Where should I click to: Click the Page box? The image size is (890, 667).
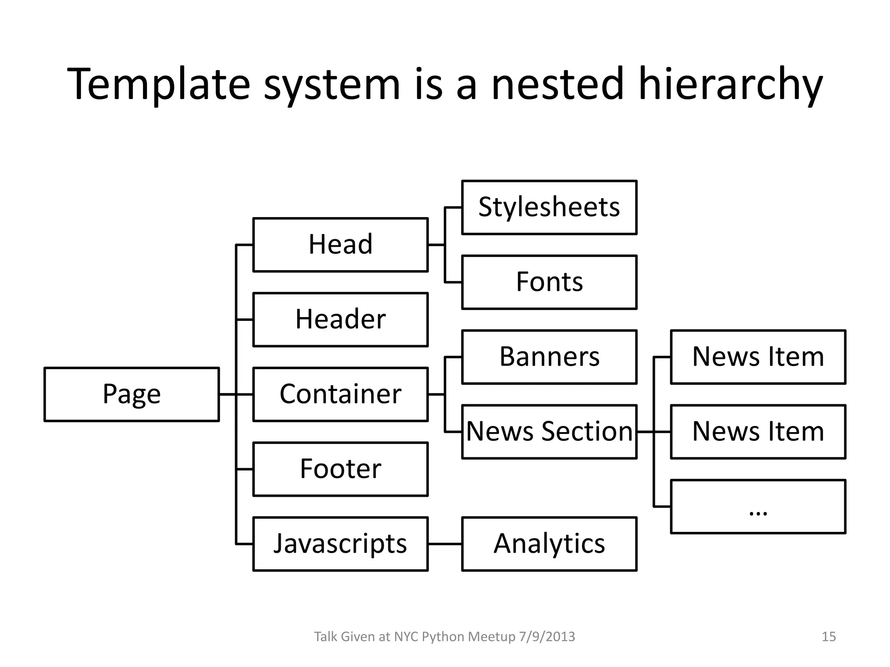[x=132, y=394]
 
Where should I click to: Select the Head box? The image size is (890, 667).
[x=340, y=245]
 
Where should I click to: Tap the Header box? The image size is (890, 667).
[x=340, y=320]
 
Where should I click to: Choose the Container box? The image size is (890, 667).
[x=340, y=394]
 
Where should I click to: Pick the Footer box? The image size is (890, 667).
[x=340, y=469]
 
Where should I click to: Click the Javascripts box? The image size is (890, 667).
[x=340, y=544]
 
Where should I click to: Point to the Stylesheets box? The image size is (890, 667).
[x=549, y=208]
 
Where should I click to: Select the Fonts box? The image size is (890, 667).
[x=549, y=282]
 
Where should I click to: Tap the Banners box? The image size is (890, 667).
[x=549, y=357]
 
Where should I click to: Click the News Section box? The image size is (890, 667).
[x=549, y=432]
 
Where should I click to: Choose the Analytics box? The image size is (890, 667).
[x=549, y=544]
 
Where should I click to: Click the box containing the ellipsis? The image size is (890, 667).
[x=758, y=506]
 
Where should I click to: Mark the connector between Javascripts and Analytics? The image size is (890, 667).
[x=445, y=544]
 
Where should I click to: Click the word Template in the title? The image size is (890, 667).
[x=159, y=84]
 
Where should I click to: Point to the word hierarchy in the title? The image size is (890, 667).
[x=730, y=84]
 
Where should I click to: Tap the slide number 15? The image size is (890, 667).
[x=829, y=637]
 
